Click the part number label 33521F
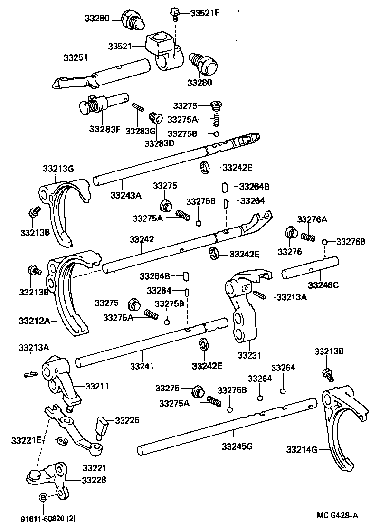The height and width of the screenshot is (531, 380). click(205, 13)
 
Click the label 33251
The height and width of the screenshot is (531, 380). click(76, 57)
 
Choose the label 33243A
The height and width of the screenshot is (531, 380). click(125, 195)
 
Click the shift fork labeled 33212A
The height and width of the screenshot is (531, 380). click(71, 290)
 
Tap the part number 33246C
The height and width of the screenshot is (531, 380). click(323, 285)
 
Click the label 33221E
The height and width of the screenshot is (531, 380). click(27, 440)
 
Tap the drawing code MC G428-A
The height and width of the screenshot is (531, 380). click(338, 516)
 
